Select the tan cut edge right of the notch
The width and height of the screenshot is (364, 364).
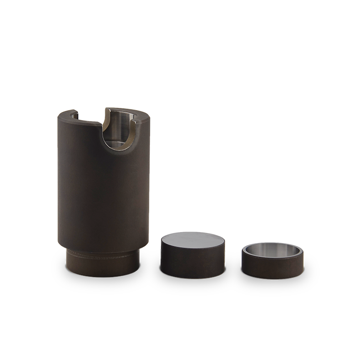[132, 132]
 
